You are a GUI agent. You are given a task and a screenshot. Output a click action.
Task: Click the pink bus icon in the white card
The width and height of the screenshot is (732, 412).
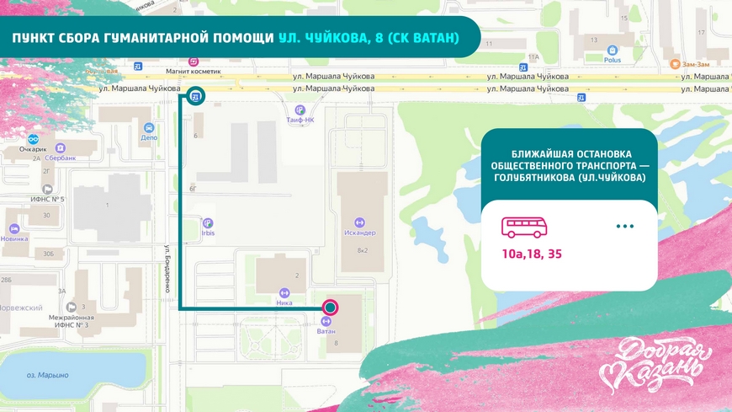click(525, 227)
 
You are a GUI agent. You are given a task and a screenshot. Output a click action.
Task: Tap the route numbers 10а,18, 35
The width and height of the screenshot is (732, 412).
click(533, 254)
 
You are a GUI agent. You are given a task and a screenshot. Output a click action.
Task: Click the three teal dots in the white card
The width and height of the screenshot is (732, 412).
click(624, 227)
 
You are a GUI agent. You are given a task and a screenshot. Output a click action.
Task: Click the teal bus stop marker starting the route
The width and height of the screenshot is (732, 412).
click(195, 97)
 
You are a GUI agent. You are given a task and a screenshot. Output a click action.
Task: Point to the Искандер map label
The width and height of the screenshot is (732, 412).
click(359, 233)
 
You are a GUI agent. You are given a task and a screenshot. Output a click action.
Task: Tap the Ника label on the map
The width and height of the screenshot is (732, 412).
click(284, 302)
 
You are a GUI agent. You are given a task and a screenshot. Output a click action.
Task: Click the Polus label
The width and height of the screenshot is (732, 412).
click(612, 61)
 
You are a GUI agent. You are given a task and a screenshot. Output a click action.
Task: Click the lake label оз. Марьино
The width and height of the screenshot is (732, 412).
click(48, 375)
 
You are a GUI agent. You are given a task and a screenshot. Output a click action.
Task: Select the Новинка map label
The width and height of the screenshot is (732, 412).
click(14, 238)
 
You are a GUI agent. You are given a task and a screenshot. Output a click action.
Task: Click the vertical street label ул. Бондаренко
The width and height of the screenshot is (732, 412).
click(168, 269)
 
